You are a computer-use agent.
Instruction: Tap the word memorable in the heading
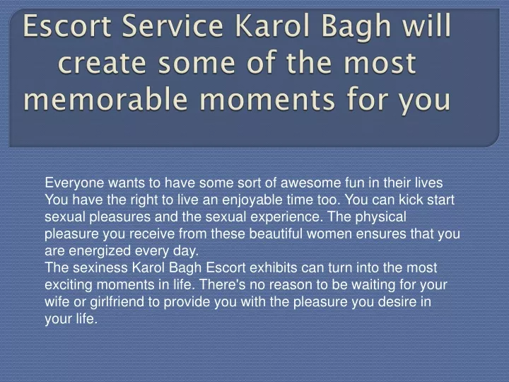(105, 99)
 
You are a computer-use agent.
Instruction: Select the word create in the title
(102, 63)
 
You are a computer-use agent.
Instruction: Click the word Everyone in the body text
(74, 183)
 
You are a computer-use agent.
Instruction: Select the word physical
(381, 217)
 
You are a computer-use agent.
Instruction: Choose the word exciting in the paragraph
(69, 285)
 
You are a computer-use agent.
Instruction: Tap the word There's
(223, 285)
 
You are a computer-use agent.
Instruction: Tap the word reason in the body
(291, 286)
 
